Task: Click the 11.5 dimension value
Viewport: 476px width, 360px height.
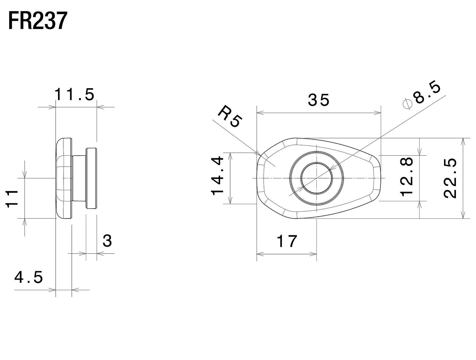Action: pyautogui.click(x=74, y=95)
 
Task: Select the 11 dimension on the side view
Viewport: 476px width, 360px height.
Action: pyautogui.click(x=12, y=198)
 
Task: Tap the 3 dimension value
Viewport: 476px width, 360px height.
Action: pyautogui.click(x=107, y=241)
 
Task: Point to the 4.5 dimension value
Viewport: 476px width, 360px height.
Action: pyautogui.click(x=29, y=278)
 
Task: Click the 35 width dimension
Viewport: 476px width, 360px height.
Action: pyautogui.click(x=319, y=100)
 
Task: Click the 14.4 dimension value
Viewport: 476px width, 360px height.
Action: pyautogui.click(x=218, y=176)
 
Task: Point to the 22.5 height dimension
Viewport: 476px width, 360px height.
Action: pyautogui.click(x=450, y=178)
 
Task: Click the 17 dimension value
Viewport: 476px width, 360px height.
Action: pyautogui.click(x=287, y=241)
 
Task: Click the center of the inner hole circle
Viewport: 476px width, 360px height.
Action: pyautogui.click(x=317, y=178)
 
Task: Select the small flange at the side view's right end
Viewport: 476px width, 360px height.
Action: pyautogui.click(x=91, y=178)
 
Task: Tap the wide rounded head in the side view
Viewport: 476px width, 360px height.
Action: pyautogui.click(x=64, y=178)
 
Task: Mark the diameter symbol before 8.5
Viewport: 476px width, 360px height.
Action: pyautogui.click(x=407, y=103)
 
